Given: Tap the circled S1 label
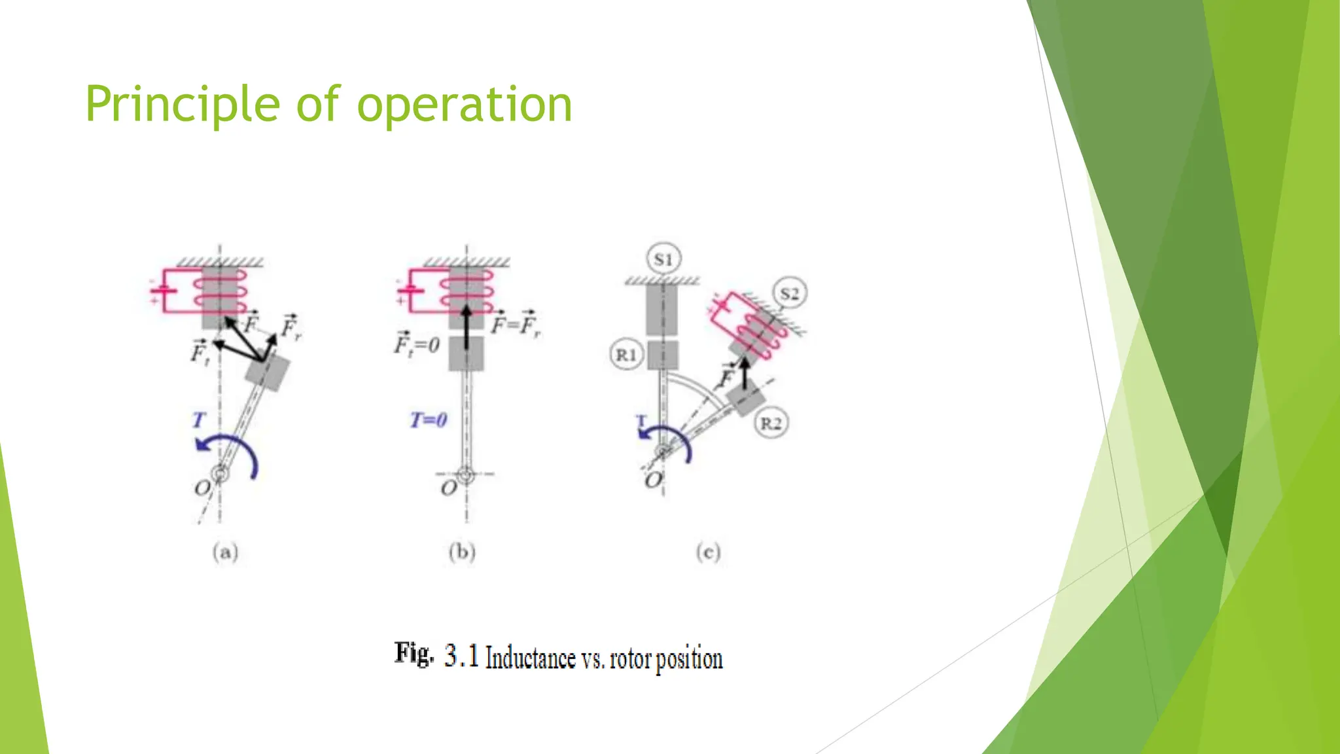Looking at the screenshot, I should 663,259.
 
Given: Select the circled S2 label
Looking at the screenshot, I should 789,294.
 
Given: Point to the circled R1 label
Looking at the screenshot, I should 626,355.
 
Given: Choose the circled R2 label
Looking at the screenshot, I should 771,423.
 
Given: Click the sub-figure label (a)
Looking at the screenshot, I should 225,552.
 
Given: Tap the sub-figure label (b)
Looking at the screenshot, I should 462,552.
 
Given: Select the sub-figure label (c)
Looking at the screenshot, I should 708,552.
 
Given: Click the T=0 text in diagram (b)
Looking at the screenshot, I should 429,420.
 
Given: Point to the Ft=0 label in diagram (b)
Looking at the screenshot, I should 416,344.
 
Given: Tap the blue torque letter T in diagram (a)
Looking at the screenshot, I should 199,420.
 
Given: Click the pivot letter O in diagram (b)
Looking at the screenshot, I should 448,488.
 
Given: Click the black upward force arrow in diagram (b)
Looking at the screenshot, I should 466,327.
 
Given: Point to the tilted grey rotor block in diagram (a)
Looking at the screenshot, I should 268,372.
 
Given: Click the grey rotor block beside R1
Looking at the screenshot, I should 662,355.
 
